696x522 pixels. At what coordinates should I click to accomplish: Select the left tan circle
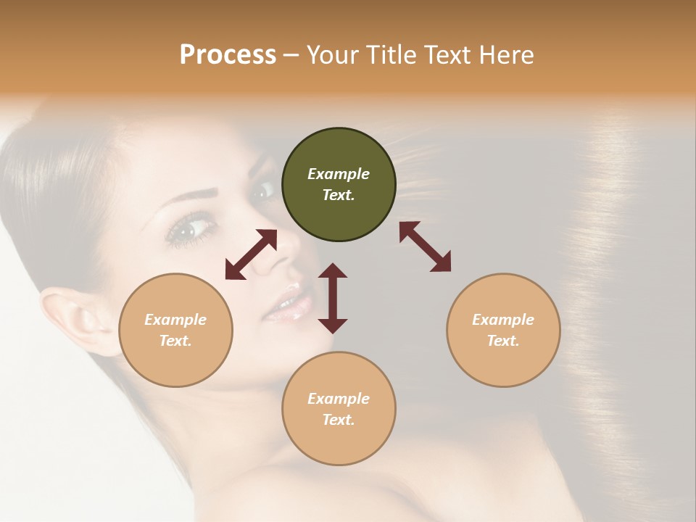click(175, 330)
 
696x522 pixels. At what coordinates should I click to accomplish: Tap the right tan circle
click(503, 330)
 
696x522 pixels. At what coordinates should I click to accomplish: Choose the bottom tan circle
click(339, 408)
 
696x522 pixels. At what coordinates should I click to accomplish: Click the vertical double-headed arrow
click(333, 298)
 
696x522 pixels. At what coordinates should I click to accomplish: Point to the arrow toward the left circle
click(251, 254)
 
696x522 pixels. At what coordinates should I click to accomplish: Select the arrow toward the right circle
click(426, 246)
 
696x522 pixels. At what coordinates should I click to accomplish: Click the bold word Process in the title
click(228, 54)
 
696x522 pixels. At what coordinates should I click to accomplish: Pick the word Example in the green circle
click(339, 174)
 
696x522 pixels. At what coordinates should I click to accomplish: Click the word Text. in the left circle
click(175, 341)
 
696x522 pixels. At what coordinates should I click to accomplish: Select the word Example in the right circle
click(503, 320)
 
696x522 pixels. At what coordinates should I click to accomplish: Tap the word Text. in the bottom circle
click(339, 420)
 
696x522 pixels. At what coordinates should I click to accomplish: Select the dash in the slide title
click(291, 55)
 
